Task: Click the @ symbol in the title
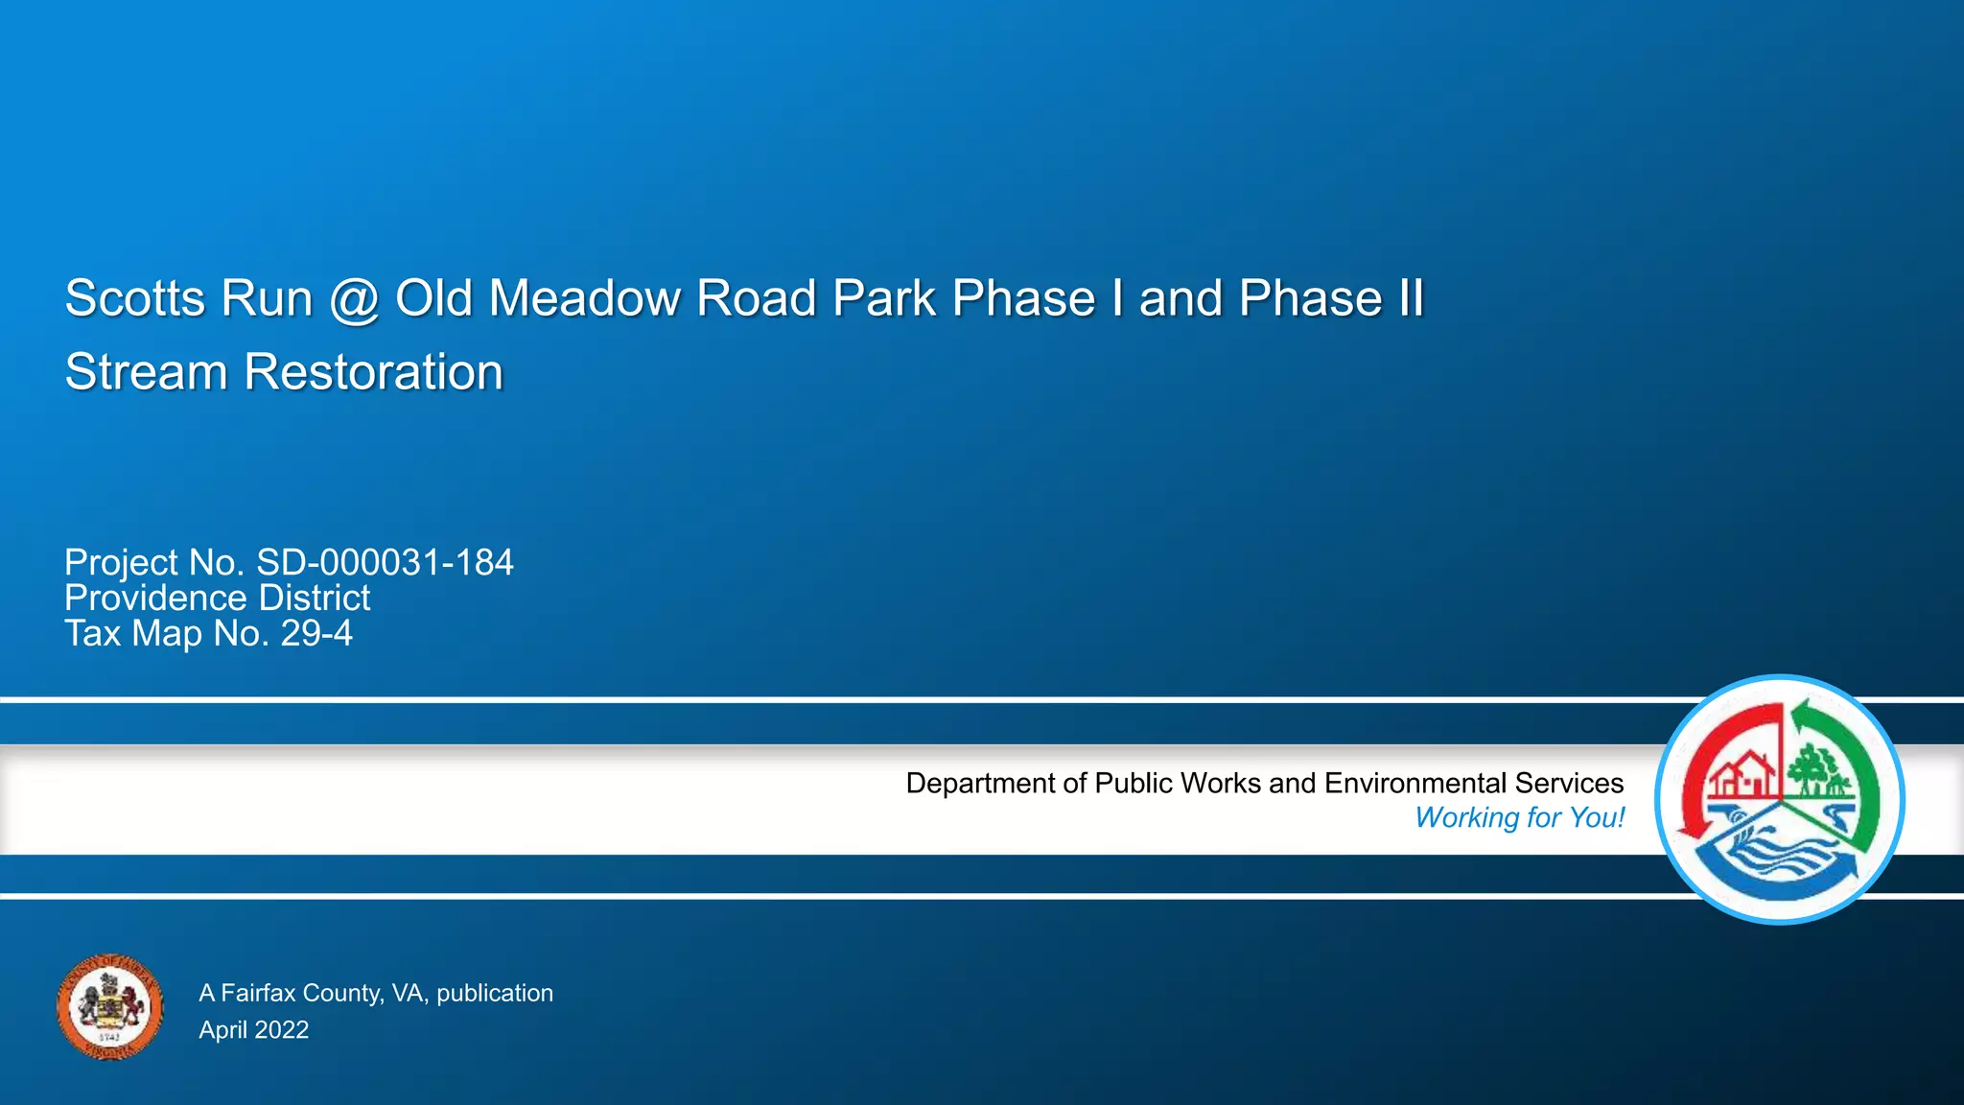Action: tap(355, 299)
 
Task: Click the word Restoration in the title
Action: tap(373, 372)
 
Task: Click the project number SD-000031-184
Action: tap(385, 562)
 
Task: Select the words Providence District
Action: tap(217, 598)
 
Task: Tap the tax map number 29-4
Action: tap(316, 633)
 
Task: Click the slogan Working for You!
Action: tap(1519, 817)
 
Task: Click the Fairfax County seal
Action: tap(109, 1007)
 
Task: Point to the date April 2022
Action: tap(253, 1029)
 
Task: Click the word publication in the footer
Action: tap(494, 993)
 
